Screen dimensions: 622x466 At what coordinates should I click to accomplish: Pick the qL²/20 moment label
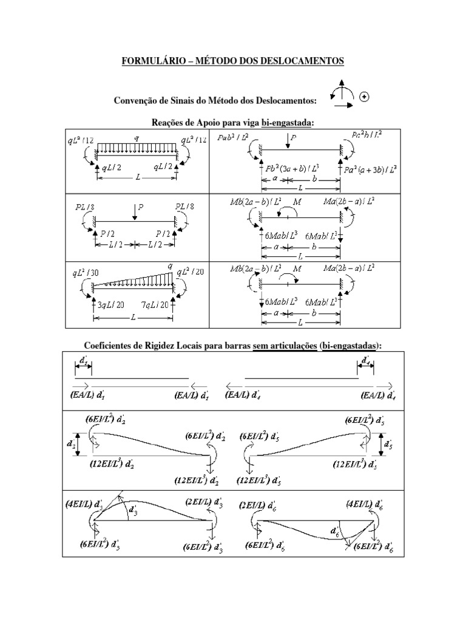click(x=190, y=272)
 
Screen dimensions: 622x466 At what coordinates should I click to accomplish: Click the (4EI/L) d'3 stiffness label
click(x=86, y=504)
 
